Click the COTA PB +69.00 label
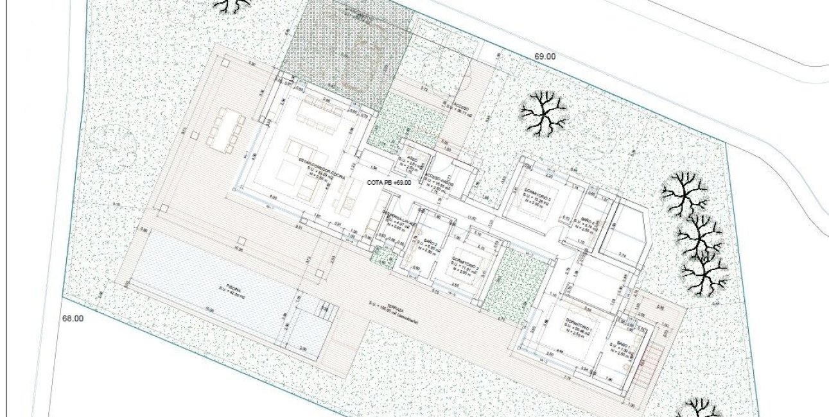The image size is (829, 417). pos(388,183)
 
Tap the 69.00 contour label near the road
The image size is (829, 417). pos(545,56)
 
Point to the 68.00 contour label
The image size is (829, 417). pos(73,318)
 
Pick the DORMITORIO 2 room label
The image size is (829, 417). pos(462,264)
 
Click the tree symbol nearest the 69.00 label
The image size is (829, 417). pos(544,113)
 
